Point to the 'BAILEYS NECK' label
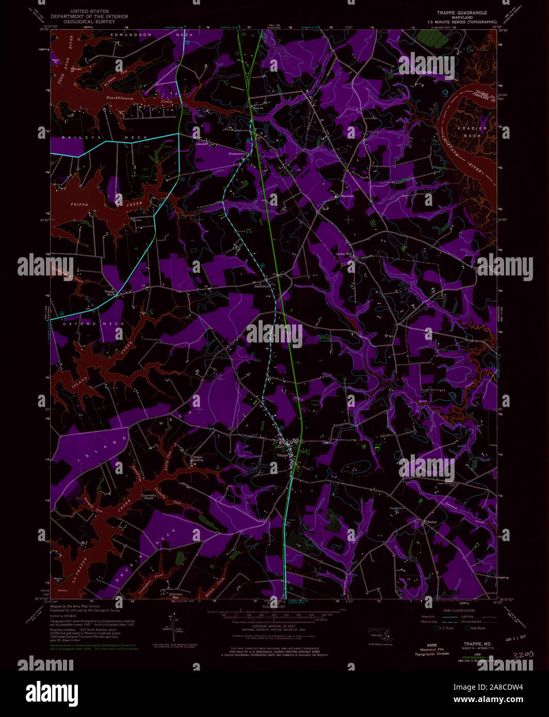105,138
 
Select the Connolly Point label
149,497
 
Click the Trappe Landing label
198,458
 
